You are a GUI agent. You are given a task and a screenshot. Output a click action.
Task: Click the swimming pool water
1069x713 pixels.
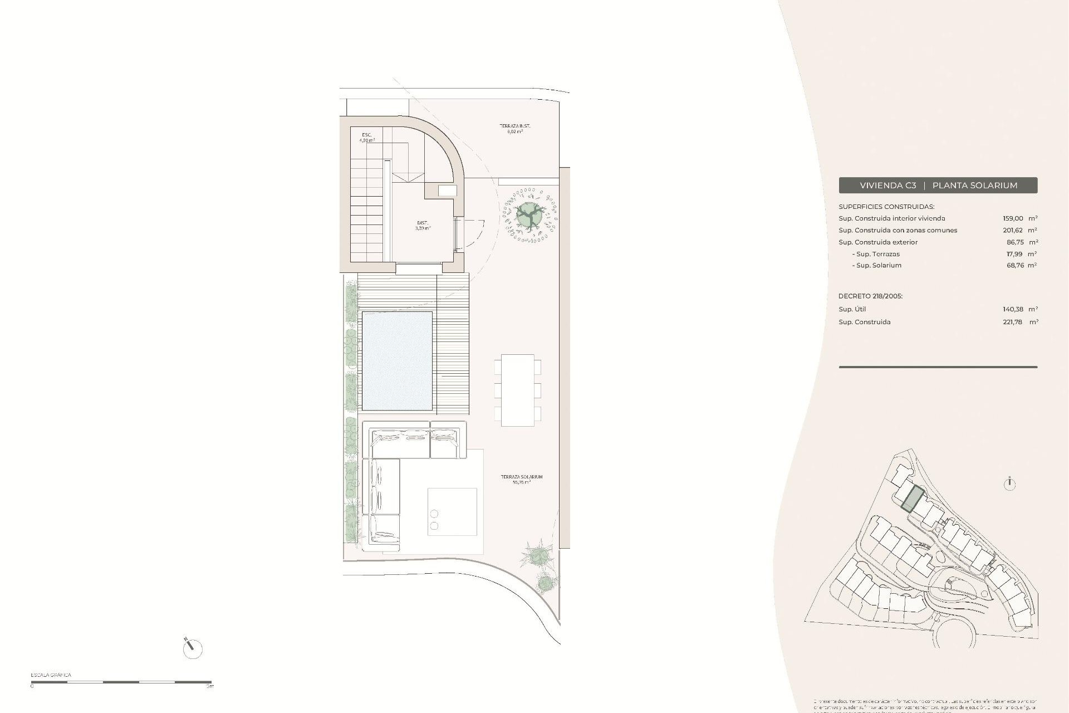pyautogui.click(x=396, y=360)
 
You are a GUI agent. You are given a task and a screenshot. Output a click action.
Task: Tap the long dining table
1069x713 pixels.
pyautogui.click(x=517, y=390)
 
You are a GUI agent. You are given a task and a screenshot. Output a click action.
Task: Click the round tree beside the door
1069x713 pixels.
pyautogui.click(x=528, y=214)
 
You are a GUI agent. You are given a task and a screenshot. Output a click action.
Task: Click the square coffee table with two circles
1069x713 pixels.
pyautogui.click(x=452, y=512)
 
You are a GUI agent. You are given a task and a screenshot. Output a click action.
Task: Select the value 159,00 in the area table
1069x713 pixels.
pyautogui.click(x=1013, y=218)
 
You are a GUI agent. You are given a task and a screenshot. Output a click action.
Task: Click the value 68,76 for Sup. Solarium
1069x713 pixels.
pyautogui.click(x=1013, y=265)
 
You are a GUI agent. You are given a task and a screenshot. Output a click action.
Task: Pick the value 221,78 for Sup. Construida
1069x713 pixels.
pyautogui.click(x=1012, y=322)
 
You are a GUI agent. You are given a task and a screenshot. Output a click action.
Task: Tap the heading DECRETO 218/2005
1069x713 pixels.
pyautogui.click(x=870, y=296)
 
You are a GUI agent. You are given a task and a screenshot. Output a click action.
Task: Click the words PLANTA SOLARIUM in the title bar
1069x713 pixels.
pyautogui.click(x=974, y=185)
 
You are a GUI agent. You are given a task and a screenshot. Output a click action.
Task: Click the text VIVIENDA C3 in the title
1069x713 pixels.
pyautogui.click(x=887, y=185)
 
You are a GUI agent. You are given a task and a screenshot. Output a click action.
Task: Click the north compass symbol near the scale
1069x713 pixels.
pyautogui.click(x=192, y=647)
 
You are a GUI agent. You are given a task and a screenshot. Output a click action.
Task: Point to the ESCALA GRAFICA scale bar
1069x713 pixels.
pyautogui.click(x=121, y=681)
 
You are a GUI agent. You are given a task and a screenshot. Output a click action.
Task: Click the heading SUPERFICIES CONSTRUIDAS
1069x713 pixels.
pyautogui.click(x=886, y=207)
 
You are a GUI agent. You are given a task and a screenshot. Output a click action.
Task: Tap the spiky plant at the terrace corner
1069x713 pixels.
pyautogui.click(x=537, y=554)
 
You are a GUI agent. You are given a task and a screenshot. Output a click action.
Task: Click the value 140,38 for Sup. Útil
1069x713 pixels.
pyautogui.click(x=1013, y=309)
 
